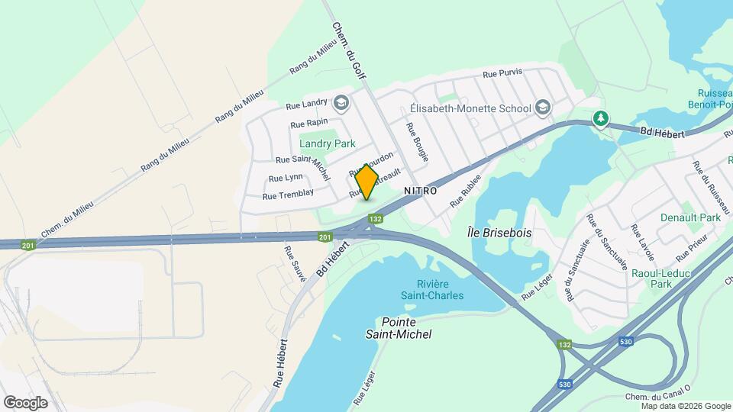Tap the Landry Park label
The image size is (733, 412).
tap(328, 143)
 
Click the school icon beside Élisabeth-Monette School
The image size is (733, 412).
tap(543, 108)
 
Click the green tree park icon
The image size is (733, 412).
tap(602, 118)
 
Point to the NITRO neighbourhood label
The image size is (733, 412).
tap(420, 191)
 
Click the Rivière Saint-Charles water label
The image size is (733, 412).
tap(432, 289)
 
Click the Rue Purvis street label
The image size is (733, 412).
tap(502, 74)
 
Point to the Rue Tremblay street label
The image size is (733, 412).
tap(288, 195)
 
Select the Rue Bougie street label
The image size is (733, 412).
tap(418, 142)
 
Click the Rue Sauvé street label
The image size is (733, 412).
tap(294, 264)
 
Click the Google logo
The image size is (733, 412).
tap(25, 402)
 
